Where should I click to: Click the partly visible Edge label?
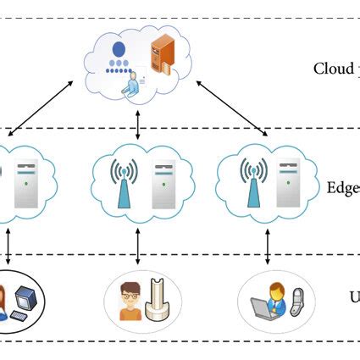pyautogui.click(x=342, y=188)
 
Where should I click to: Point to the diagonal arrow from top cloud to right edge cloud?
pyautogui.click(x=231, y=108)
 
